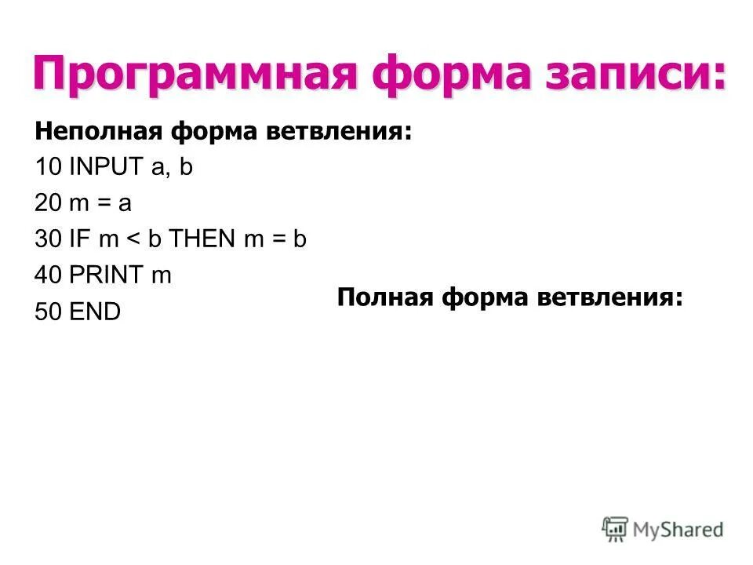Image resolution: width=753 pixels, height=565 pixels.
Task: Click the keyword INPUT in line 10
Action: (x=101, y=168)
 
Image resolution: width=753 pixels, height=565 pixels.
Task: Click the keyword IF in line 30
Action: (x=81, y=240)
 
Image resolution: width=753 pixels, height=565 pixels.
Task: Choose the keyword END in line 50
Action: (x=95, y=312)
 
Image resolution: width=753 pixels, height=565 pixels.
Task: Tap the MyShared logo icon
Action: (x=616, y=528)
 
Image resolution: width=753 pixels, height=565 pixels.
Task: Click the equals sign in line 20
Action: (x=103, y=205)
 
